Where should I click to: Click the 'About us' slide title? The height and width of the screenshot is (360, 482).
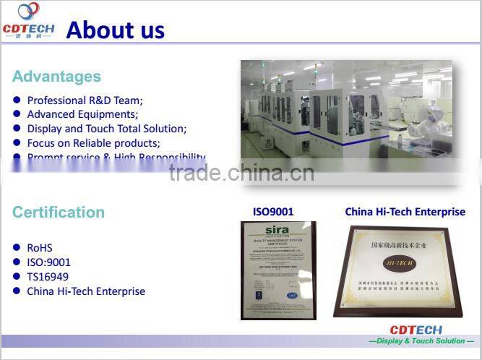click(x=116, y=30)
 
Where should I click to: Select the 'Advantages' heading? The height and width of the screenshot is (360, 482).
click(x=56, y=77)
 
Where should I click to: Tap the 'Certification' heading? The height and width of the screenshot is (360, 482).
click(x=59, y=212)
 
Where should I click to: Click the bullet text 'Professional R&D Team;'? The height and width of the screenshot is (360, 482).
click(x=85, y=100)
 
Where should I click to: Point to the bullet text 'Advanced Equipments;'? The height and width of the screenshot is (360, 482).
click(x=82, y=114)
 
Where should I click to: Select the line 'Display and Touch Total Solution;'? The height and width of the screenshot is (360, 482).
click(x=106, y=129)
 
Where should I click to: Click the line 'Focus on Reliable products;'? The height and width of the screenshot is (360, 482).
click(x=93, y=143)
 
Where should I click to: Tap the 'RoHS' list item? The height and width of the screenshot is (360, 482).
click(x=40, y=248)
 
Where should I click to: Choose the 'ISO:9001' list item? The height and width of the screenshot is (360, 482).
click(x=48, y=262)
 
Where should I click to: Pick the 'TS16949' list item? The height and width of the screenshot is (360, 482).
click(x=48, y=277)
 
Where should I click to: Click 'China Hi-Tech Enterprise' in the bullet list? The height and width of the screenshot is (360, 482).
click(x=86, y=291)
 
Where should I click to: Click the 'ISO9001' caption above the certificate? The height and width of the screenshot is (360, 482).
click(x=272, y=212)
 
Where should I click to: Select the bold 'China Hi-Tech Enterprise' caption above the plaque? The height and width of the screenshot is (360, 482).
click(x=405, y=212)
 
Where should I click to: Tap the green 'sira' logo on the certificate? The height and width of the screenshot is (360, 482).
click(x=277, y=230)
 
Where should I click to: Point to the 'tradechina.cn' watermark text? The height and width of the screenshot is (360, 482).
click(x=241, y=173)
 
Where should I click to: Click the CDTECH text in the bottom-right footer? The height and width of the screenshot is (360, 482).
click(x=416, y=330)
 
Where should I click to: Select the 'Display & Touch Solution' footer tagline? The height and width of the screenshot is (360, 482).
click(x=421, y=340)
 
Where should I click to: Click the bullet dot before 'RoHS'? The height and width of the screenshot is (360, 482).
click(x=17, y=248)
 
